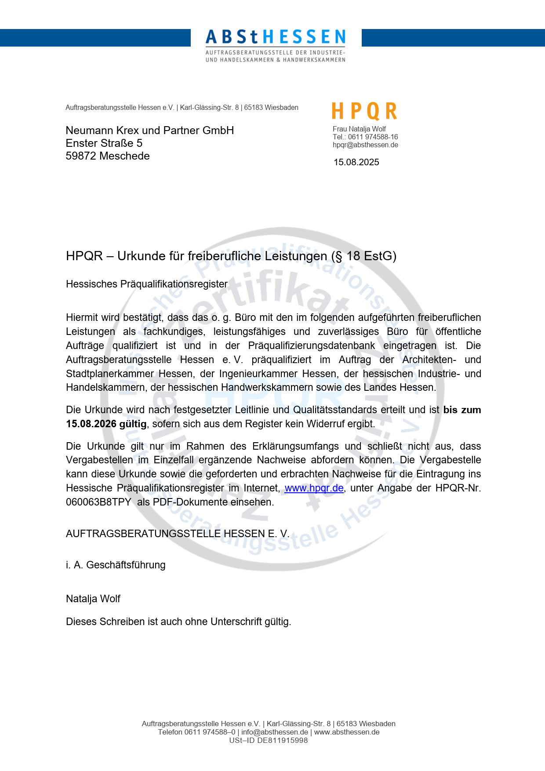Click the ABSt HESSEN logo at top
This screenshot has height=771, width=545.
[x=276, y=45]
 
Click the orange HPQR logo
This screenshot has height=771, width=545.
[x=364, y=111]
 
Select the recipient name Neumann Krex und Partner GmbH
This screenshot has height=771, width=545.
[x=149, y=131]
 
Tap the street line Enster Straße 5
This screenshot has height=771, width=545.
[x=104, y=143]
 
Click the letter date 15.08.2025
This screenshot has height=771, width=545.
[x=356, y=162]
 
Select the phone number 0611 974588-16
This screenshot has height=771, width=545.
[x=373, y=137]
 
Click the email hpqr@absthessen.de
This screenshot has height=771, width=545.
[x=365, y=145]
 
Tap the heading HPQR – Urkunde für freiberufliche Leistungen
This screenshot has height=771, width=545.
[x=231, y=256]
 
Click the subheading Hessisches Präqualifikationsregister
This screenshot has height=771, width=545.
[x=147, y=284]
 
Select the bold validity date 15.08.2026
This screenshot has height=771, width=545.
[x=91, y=424]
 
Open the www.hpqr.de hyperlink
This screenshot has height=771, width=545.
[x=314, y=488]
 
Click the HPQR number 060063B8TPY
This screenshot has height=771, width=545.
[x=98, y=502]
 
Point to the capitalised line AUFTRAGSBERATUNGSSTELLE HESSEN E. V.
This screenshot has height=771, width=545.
[x=178, y=534]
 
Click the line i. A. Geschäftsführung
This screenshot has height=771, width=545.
[x=116, y=565]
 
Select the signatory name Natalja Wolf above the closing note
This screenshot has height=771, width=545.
[x=93, y=599]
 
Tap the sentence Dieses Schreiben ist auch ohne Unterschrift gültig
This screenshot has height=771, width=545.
[x=178, y=622]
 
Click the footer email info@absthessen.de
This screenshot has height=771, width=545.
[x=275, y=732]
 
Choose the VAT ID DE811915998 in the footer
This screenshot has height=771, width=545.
[x=282, y=740]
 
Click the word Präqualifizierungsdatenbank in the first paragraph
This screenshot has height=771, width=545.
[x=311, y=345]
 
